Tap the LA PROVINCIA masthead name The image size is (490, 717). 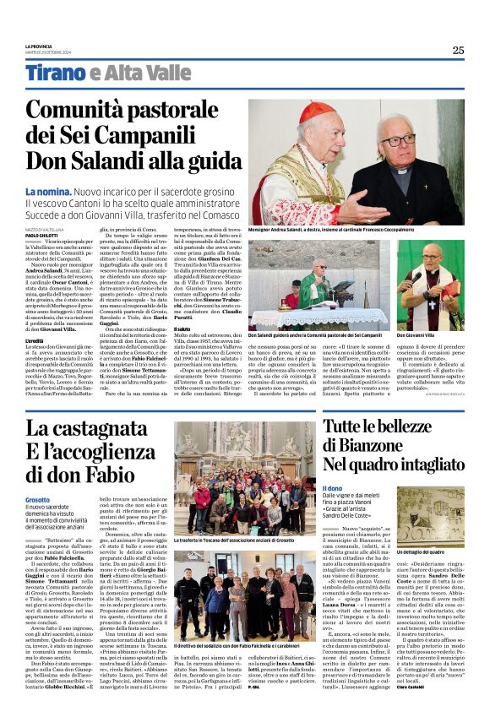(x=38, y=46)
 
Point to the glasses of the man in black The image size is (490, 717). (x=397, y=140)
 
